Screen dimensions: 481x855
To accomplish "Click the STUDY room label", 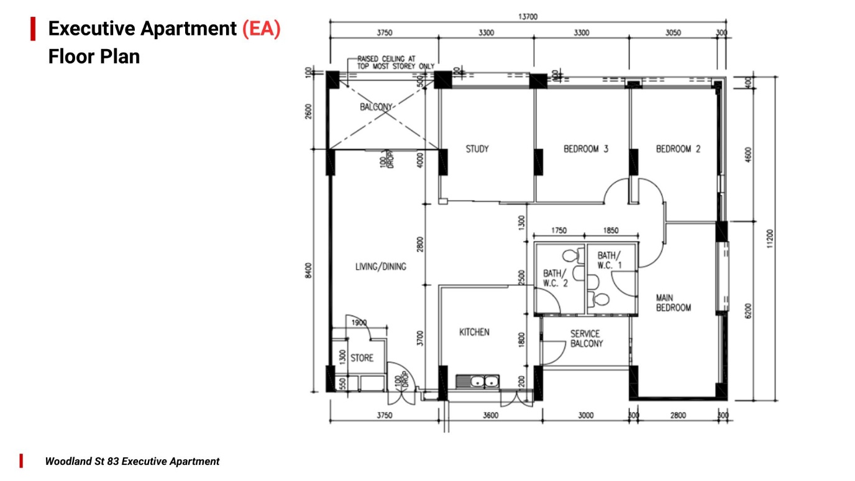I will (477, 149).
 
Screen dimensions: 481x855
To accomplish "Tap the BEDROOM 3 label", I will (585, 149).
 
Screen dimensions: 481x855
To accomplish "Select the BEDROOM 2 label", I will (678, 149).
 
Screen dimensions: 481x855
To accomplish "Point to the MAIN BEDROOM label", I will (673, 303).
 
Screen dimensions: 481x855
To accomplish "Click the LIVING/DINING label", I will (380, 267).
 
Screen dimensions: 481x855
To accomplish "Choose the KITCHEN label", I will (474, 332).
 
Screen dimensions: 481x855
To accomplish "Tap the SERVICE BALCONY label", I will (586, 339).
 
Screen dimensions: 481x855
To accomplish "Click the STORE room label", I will (362, 358).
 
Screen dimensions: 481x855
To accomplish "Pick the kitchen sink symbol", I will (477, 381).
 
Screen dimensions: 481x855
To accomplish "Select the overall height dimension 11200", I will (770, 239).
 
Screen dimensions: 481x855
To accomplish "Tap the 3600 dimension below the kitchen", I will (490, 416).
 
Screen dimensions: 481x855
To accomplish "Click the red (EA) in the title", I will (261, 29).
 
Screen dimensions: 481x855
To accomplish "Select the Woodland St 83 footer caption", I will (132, 462).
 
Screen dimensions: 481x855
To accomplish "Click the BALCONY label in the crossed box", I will (376, 107).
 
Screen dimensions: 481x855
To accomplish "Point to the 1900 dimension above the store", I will (359, 323).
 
